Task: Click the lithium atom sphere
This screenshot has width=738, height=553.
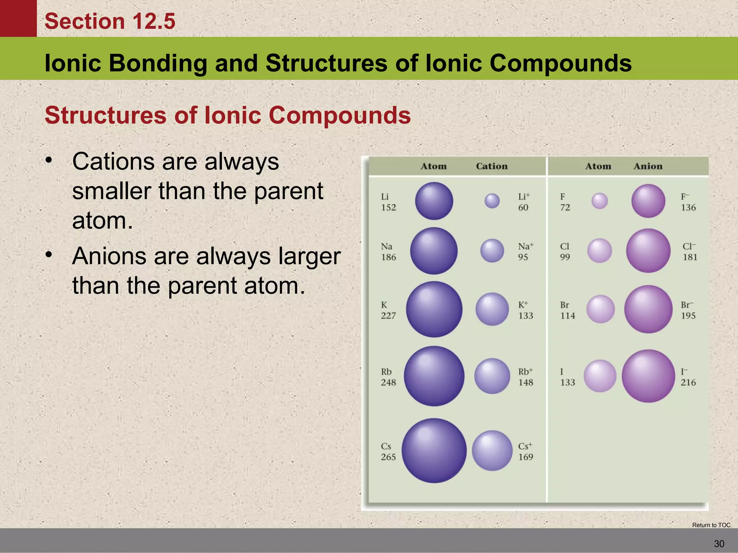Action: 434,201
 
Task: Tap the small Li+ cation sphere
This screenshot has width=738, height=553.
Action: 492,201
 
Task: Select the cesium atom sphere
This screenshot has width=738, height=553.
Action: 434,450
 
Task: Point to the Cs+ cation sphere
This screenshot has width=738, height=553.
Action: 492,450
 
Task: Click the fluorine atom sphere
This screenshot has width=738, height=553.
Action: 600,201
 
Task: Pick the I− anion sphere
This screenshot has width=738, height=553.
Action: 648,376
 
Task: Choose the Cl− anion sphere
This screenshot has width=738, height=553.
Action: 648,251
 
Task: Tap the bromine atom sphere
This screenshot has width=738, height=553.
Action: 600,309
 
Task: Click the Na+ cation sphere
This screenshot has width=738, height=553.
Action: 492,251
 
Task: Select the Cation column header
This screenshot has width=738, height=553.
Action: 492,166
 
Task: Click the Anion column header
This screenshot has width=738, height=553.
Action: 648,166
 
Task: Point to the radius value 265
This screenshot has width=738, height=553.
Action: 388,457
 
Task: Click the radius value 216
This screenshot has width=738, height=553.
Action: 688,382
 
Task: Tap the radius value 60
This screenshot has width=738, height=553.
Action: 523,207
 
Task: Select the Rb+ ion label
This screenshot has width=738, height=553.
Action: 525,372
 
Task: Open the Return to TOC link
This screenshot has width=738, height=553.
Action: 711,525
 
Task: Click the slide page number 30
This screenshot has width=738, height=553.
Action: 719,544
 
